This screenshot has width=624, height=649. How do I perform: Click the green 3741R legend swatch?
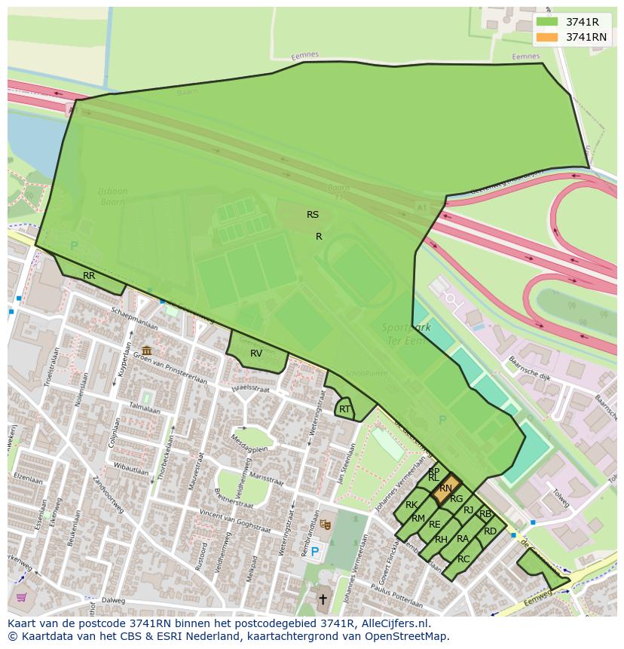click(x=547, y=22)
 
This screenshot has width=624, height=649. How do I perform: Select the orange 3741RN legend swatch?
click(x=547, y=37)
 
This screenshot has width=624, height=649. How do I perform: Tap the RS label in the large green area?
click(x=313, y=215)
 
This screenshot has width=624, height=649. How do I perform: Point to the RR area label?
click(x=89, y=276)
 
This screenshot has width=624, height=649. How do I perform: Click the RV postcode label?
click(x=256, y=354)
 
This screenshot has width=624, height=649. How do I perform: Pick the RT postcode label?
click(x=344, y=409)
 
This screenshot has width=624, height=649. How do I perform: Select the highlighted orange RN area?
click(x=446, y=488)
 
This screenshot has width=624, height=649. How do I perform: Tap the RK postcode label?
click(x=411, y=505)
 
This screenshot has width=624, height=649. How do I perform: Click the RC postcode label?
click(x=463, y=559)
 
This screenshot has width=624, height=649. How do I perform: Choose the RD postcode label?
click(x=491, y=531)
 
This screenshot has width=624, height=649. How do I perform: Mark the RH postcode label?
click(x=441, y=539)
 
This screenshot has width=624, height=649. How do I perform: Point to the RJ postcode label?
click(x=469, y=510)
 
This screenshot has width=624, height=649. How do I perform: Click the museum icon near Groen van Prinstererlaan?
click(x=146, y=351)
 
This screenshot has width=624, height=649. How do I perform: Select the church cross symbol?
click(x=323, y=600)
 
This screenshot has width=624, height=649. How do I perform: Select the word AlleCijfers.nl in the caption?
click(x=393, y=623)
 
